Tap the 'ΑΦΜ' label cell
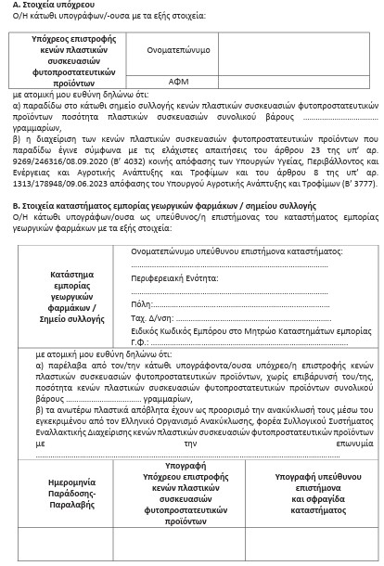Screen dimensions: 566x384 point(178,82)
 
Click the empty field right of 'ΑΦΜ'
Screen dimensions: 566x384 point(306,82)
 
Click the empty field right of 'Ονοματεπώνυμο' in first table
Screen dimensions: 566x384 point(306,49)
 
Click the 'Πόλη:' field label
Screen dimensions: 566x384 point(141,303)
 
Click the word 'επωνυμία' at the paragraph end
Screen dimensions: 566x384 point(359,443)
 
